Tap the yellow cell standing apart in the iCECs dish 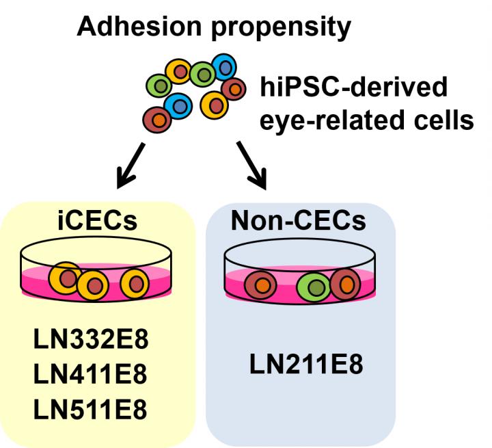coord(134,283)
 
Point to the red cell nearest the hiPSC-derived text coord(234,88)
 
